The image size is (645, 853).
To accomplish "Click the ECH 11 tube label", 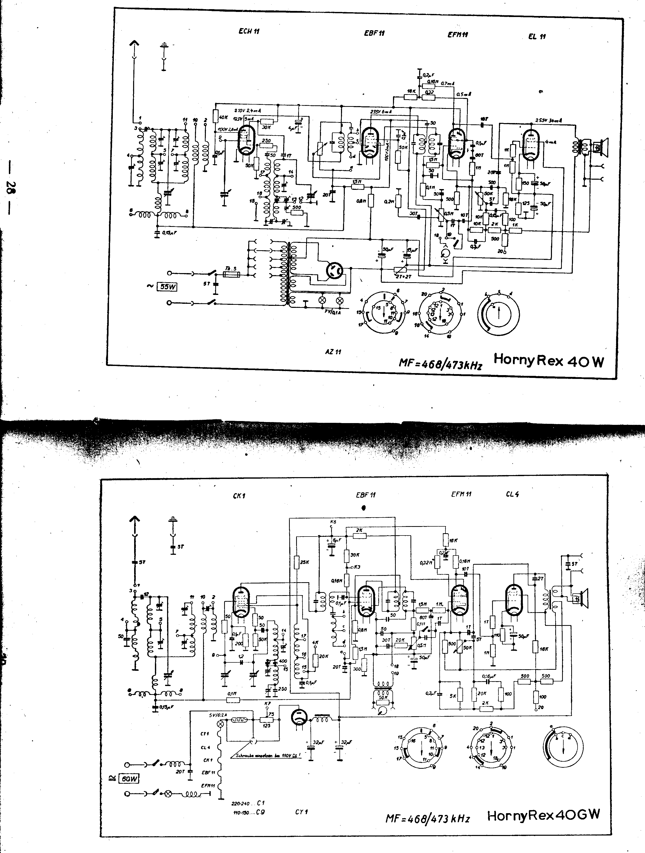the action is [249, 31].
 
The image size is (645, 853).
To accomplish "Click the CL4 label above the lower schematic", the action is [512, 494].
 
